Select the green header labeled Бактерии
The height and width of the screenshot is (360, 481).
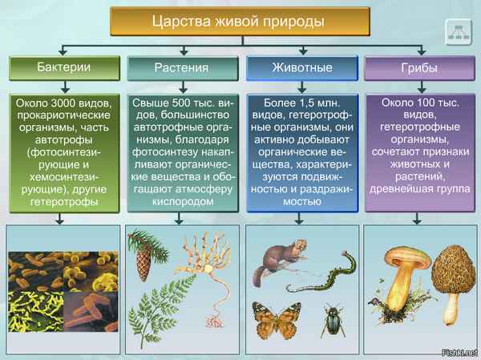coord(62,67)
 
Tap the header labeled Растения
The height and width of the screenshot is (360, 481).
coord(181,67)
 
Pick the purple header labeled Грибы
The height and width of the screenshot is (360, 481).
coord(419,67)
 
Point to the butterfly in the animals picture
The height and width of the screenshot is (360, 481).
coord(277,320)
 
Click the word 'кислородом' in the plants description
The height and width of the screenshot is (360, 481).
coord(181,201)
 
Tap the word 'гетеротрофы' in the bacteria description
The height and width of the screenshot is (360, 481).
coord(62,202)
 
